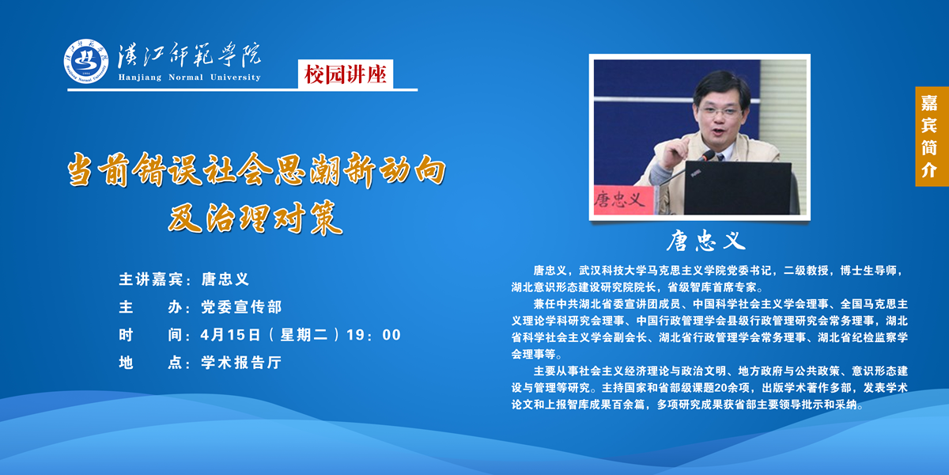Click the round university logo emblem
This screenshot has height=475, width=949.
(x=86, y=61)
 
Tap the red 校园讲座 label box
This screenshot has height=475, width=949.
(x=346, y=74)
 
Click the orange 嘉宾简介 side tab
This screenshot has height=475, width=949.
(x=931, y=136)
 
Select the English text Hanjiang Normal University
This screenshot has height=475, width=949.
(x=189, y=78)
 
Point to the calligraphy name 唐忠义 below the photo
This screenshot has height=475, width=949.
(x=705, y=241)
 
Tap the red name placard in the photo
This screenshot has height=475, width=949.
(x=623, y=200)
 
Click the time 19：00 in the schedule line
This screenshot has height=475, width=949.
(x=373, y=335)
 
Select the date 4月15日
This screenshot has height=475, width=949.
(x=230, y=335)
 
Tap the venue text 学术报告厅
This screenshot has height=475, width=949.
(x=241, y=363)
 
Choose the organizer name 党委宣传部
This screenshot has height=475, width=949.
(x=241, y=307)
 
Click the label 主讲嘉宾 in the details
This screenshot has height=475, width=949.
(x=151, y=279)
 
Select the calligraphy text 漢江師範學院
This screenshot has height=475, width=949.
(x=189, y=55)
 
